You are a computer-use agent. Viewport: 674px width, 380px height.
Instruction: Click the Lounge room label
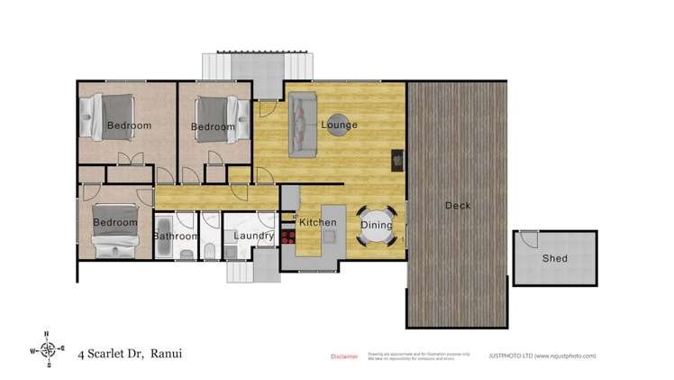(340, 125)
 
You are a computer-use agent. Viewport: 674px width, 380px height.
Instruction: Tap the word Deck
(458, 206)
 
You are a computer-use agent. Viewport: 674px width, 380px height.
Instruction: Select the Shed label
(554, 259)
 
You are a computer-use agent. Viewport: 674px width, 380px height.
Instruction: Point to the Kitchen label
(317, 223)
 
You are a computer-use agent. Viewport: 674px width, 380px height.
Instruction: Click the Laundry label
(253, 236)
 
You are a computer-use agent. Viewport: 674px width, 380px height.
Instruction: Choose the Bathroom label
(175, 236)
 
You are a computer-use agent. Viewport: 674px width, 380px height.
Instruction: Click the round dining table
(377, 231)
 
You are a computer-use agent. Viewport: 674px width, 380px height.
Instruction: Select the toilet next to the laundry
(209, 250)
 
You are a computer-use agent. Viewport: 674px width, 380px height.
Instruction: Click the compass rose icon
(50, 348)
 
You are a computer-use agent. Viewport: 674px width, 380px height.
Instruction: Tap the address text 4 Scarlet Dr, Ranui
(130, 354)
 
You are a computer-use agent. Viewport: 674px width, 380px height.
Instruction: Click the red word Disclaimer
(344, 357)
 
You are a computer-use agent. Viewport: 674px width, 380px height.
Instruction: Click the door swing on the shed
(529, 239)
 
